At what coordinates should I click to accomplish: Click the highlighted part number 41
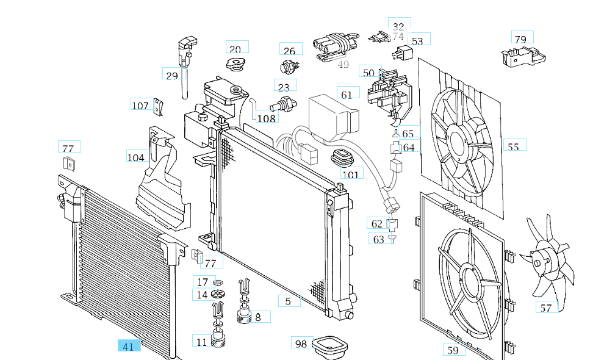[129, 347]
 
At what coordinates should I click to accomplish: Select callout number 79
[520, 39]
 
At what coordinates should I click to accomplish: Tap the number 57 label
[546, 308]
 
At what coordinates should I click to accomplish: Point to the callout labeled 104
[136, 157]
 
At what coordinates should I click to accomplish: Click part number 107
[140, 106]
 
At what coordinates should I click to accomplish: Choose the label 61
[347, 95]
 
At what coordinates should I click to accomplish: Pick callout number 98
[301, 344]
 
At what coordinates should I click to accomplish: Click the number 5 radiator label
[289, 301]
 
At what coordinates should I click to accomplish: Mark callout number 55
[513, 146]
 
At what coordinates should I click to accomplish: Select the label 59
[453, 350]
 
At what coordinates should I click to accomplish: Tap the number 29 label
[172, 75]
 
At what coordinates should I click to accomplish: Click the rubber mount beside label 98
[329, 348]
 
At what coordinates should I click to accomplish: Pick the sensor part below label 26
[290, 67]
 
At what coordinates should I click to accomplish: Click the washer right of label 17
[219, 283]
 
